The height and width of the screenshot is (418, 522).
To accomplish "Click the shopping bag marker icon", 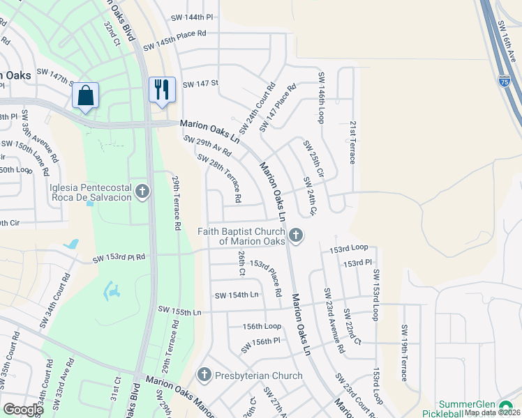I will pos(85,95).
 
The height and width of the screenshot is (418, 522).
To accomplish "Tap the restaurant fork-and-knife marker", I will pos(162,89).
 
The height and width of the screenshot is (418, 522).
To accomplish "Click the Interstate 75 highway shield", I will pos(504,82).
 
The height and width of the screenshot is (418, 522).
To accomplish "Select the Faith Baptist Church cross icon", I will pos(296,235).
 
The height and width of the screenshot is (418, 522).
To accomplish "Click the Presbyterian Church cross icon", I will pos(204,375).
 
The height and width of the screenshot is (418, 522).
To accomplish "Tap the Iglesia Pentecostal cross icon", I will pos(142,191).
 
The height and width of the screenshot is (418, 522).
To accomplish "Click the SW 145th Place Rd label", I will pos(175,40).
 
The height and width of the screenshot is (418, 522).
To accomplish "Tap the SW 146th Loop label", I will pos(322,98).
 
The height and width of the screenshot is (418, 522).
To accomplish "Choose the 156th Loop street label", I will pos(262,326).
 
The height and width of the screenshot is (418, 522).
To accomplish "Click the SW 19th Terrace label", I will pos(404,353).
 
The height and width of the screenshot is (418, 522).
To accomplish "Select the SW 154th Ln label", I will pos(237,295).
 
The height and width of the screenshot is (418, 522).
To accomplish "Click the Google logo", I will pos(23,410).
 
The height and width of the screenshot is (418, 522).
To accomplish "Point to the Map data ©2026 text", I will pos(492,412).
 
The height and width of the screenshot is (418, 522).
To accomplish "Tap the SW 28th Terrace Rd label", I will pos(219,178).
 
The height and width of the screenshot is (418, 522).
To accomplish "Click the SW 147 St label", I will pos(200,84).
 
